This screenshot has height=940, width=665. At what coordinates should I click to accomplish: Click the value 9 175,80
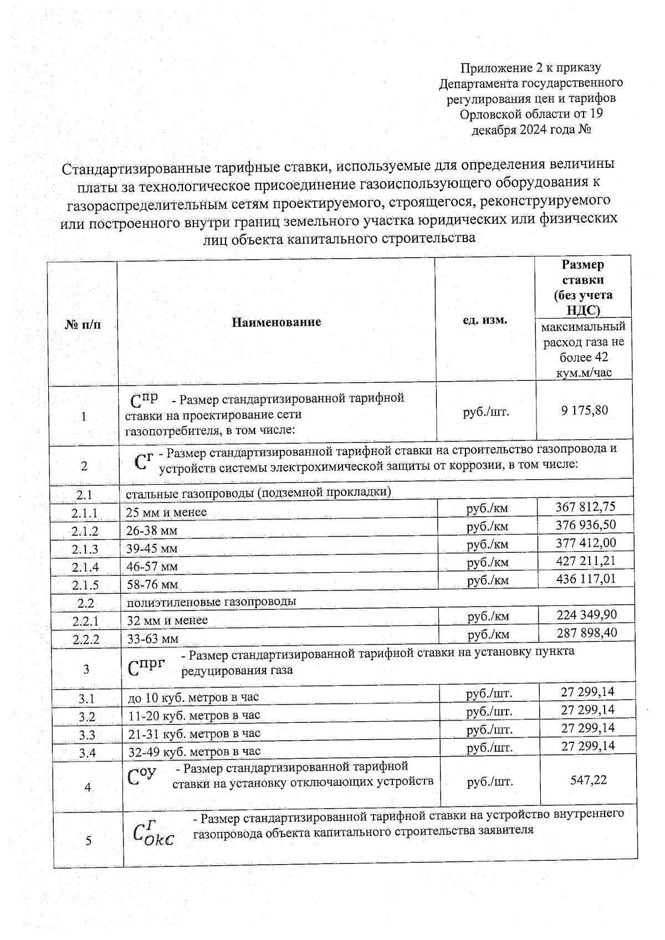pos(584,410)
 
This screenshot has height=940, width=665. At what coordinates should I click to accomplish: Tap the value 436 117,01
pos(586,579)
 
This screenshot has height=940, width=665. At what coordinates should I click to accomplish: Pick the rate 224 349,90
pos(586,615)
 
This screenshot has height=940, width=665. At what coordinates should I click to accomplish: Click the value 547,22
pos(589,780)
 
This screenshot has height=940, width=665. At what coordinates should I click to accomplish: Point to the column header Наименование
pos(276,322)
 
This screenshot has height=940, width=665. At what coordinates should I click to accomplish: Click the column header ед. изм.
pos(485,320)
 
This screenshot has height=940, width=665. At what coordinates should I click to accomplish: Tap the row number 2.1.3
pos(84,549)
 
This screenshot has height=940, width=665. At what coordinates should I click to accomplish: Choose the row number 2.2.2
pos(85,639)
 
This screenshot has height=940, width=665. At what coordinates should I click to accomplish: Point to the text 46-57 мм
pos(152,567)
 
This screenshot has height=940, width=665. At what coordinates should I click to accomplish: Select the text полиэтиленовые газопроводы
pos(211,602)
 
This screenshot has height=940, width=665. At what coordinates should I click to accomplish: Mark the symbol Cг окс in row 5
pos(154,835)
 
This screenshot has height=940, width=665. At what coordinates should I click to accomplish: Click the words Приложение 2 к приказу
pos(531,68)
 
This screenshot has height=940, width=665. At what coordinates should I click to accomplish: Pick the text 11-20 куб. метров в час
pos(194,716)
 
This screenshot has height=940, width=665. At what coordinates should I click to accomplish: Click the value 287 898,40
pos(586,633)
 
